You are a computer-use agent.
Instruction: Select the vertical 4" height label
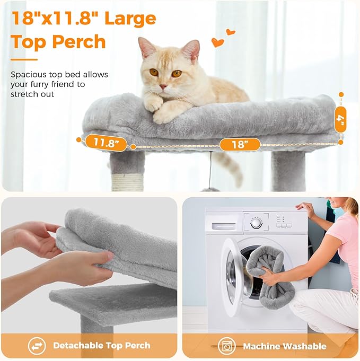coord(341,120)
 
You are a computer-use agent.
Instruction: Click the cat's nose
coord(162,85)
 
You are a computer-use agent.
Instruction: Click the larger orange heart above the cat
coord(217,42)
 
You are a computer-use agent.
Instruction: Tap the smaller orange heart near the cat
coord(230,32)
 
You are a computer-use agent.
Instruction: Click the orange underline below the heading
coord(24,59)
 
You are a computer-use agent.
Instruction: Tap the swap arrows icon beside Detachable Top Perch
coord(37,346)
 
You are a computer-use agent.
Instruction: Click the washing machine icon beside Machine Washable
coord(226,346)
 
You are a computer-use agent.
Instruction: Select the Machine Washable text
coord(284,346)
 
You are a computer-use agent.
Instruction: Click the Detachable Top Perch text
coord(102,346)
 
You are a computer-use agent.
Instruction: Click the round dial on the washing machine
coord(257,222)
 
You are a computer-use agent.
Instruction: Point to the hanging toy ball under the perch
coord(210,189)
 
